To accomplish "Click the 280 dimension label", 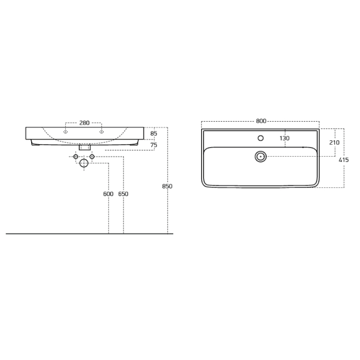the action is [x=84, y=123].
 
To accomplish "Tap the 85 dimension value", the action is [x=154, y=133].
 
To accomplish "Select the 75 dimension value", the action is [x=154, y=145].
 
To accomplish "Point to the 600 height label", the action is [x=108, y=194].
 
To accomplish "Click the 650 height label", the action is [x=123, y=194].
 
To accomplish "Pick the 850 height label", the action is [x=167, y=186].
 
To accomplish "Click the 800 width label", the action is [x=261, y=121].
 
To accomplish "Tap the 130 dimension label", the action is [x=284, y=138].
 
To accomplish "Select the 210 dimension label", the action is [x=334, y=142].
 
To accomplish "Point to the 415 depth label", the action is [x=344, y=160].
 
